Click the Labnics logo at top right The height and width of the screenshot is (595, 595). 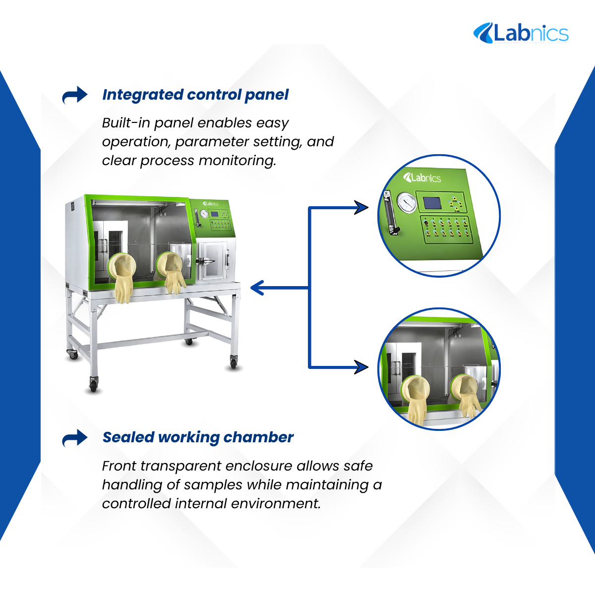(521, 33)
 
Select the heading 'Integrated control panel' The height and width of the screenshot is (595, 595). (195, 95)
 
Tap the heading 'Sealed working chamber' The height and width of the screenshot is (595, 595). (198, 437)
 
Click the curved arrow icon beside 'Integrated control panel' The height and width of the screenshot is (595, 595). (75, 95)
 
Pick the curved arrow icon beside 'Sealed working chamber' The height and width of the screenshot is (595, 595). (75, 438)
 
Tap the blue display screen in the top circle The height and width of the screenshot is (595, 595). (432, 203)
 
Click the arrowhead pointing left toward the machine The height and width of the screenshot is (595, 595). (257, 288)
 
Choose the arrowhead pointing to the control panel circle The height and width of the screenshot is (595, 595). (361, 207)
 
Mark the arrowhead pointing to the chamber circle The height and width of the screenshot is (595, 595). (361, 367)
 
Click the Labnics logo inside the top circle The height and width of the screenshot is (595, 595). (422, 178)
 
